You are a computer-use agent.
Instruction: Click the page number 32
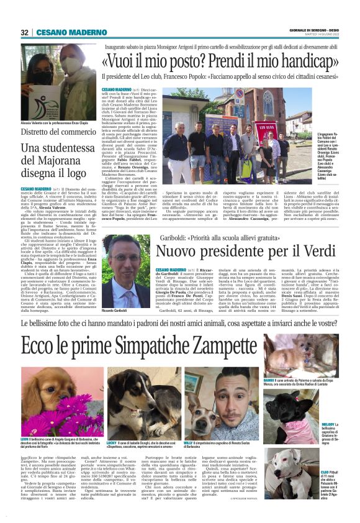tap(25, 32)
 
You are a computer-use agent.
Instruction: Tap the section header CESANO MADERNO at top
tap(64, 32)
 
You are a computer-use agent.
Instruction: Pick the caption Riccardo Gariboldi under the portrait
tap(119, 309)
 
